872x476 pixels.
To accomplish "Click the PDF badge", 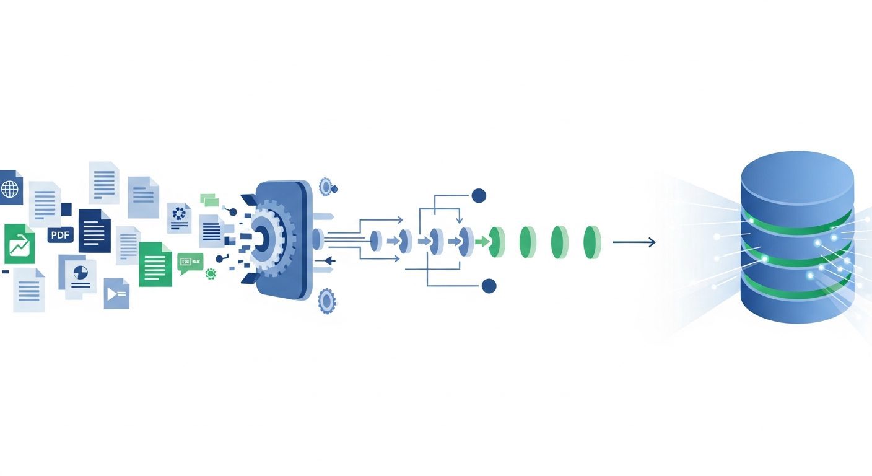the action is (60, 235).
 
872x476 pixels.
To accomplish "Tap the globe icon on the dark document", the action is (9, 189).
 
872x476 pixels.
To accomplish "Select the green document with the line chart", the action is (19, 244).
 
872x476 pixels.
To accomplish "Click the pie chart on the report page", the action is (81, 272).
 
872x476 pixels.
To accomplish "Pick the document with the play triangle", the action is (116, 293).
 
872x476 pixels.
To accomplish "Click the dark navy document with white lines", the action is (95, 231).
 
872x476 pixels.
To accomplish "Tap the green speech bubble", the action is (190, 263).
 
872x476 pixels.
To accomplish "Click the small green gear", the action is (211, 274).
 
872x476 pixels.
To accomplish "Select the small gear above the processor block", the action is (325, 186).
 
